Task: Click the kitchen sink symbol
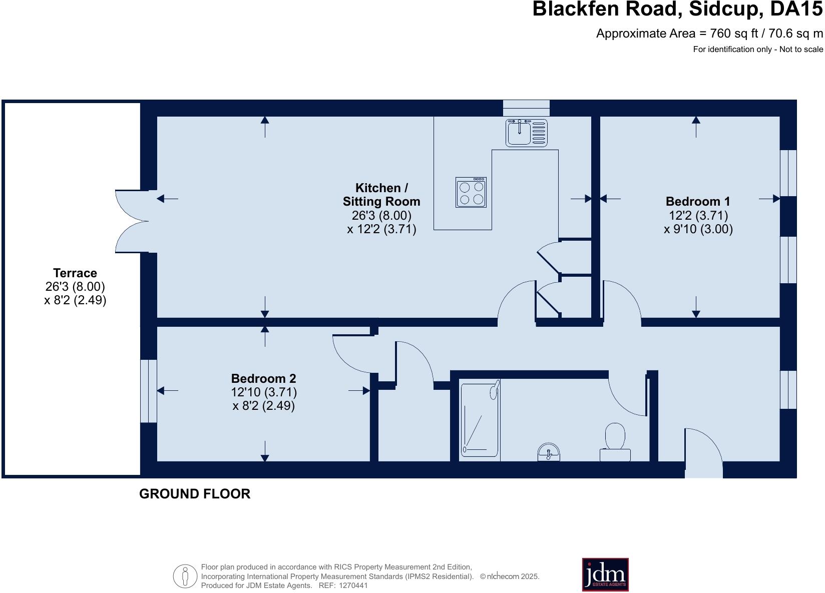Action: point(526,133)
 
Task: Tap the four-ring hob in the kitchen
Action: point(471,193)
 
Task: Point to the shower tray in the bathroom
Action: point(480,419)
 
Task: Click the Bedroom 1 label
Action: point(698,201)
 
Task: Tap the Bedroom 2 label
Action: point(263,378)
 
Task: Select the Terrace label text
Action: point(75,273)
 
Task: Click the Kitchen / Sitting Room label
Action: point(381,195)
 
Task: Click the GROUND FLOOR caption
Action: point(195,494)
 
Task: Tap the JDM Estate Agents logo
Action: point(605,574)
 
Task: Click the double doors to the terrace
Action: point(131,221)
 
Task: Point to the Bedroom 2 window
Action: point(148,391)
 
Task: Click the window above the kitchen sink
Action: point(526,108)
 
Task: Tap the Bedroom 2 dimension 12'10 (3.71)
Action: point(264,392)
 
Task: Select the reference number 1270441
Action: point(353,585)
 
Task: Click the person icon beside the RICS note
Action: point(185,576)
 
